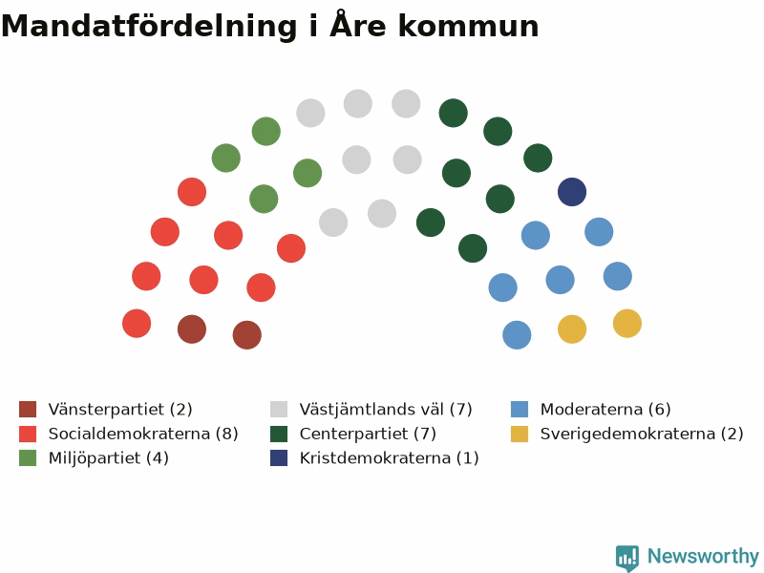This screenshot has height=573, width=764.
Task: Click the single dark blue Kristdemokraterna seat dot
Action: point(572,192)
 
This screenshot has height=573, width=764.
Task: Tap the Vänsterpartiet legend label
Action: point(120,410)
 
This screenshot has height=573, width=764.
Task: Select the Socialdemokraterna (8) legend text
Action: point(143,434)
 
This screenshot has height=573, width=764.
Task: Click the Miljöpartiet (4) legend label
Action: point(109,458)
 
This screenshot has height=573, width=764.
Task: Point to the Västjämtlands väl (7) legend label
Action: point(386,410)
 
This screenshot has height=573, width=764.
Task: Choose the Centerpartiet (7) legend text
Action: point(368,434)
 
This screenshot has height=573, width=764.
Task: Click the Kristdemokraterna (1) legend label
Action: point(390,458)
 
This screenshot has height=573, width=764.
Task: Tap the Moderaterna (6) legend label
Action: point(605,410)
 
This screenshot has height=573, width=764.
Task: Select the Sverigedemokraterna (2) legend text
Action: point(642,434)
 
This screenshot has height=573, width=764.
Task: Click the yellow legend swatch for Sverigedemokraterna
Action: point(520,434)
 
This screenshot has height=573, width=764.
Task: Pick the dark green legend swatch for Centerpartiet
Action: point(279,434)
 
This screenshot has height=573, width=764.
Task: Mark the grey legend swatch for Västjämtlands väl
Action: point(279,410)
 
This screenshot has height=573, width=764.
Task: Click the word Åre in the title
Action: point(358,25)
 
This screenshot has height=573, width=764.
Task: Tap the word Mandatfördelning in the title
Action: point(149,27)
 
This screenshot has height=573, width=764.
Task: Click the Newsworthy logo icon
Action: point(627,558)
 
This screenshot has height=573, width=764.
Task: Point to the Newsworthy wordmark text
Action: point(703,556)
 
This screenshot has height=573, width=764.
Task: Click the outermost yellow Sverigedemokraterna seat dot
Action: point(627,324)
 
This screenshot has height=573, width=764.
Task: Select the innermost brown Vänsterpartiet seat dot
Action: point(247,335)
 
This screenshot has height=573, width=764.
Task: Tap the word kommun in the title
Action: point(468,27)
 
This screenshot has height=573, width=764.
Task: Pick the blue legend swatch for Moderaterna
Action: point(520,410)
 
